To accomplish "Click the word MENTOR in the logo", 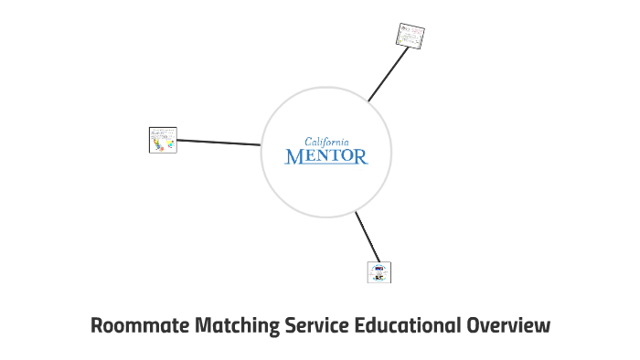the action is [326, 156].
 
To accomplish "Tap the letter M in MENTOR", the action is [294, 156].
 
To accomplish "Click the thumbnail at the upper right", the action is [411, 36].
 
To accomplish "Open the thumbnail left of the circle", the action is [163, 140].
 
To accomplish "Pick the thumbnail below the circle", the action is [379, 271].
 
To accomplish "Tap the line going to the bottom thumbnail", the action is [368, 237].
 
